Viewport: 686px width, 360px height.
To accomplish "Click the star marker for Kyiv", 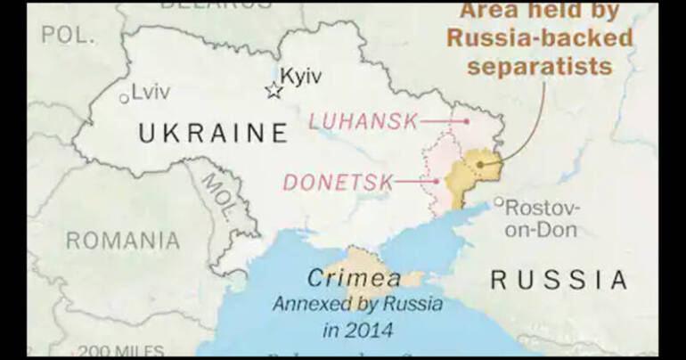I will click(274, 90).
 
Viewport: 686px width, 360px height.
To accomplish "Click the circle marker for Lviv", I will click(124, 99).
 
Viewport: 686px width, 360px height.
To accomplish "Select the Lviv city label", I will click(152, 91).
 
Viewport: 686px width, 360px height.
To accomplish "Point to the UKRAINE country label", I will click(213, 134).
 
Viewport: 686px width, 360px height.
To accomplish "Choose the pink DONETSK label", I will click(338, 183).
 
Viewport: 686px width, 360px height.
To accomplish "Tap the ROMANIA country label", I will click(123, 241).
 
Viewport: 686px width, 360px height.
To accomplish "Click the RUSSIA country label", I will click(559, 280).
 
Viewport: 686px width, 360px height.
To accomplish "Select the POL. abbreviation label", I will click(68, 35).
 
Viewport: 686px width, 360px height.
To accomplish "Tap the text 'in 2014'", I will click(356, 331).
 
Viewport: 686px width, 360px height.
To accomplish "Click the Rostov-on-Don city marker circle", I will click(499, 202).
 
